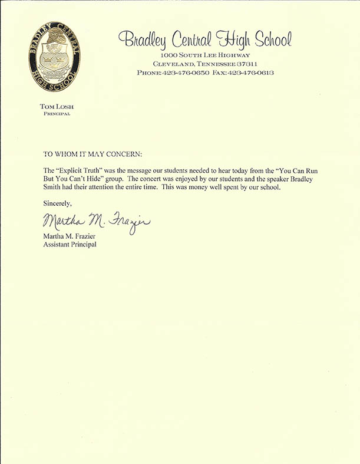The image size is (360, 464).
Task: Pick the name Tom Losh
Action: (56, 107)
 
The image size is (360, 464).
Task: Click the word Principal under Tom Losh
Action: (56, 113)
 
